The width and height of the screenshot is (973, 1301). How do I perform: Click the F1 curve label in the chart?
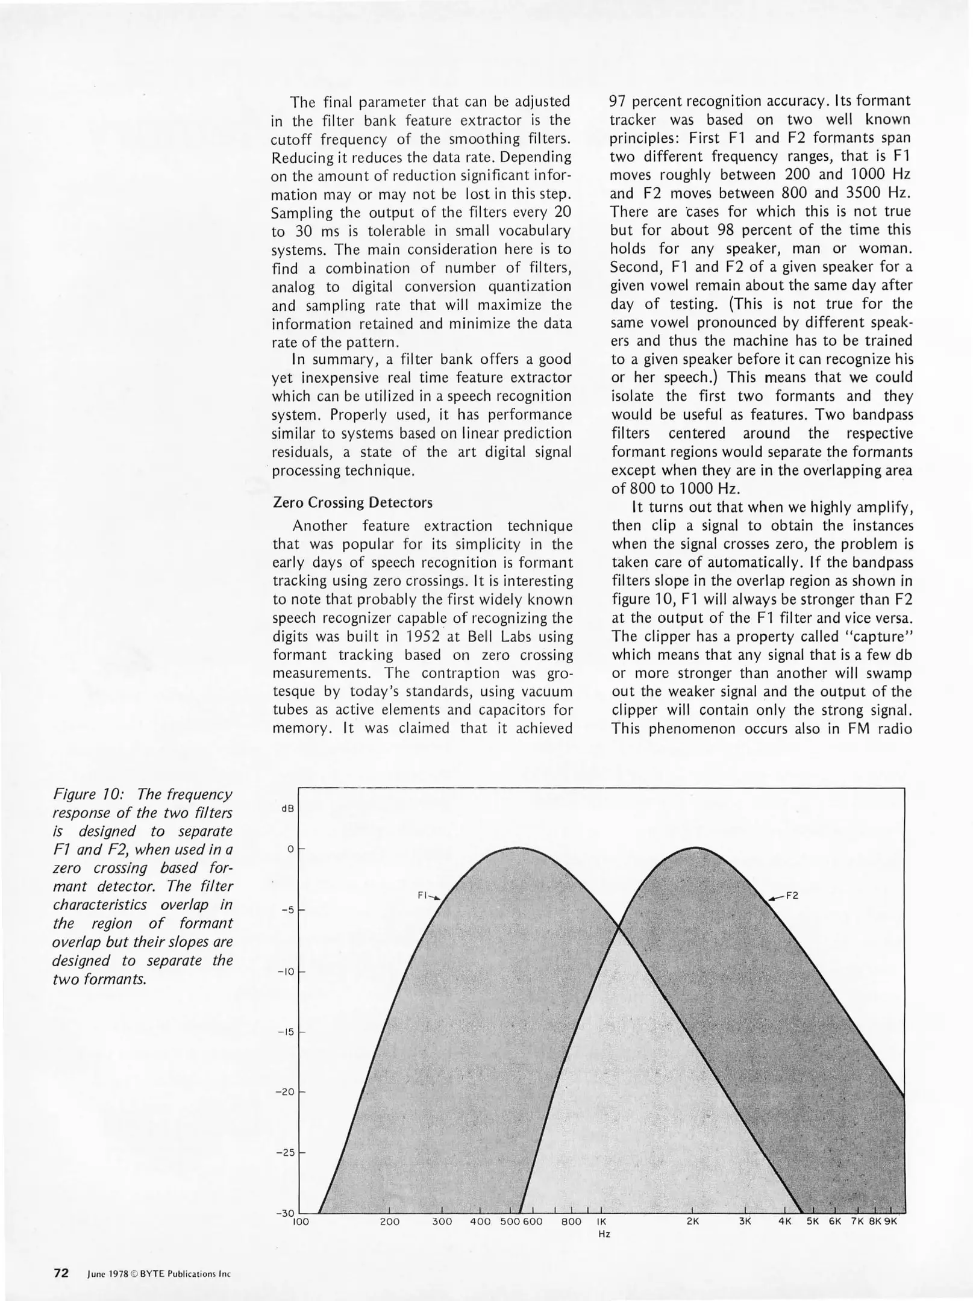[x=423, y=895]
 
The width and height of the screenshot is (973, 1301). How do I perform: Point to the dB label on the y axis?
[x=287, y=808]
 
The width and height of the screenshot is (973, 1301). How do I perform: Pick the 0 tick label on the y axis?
[x=290, y=849]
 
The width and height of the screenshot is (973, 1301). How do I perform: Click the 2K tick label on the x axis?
[x=692, y=1221]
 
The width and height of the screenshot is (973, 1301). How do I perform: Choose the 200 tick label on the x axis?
[x=390, y=1221]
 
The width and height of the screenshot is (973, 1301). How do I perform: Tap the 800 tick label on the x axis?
[x=571, y=1221]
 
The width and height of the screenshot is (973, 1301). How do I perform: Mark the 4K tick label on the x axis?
[x=784, y=1221]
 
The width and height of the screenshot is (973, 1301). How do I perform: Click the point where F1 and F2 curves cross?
[x=619, y=928]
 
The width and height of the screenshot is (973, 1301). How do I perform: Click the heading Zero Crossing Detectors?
[x=352, y=502]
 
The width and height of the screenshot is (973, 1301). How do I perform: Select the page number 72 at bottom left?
[x=61, y=1273]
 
